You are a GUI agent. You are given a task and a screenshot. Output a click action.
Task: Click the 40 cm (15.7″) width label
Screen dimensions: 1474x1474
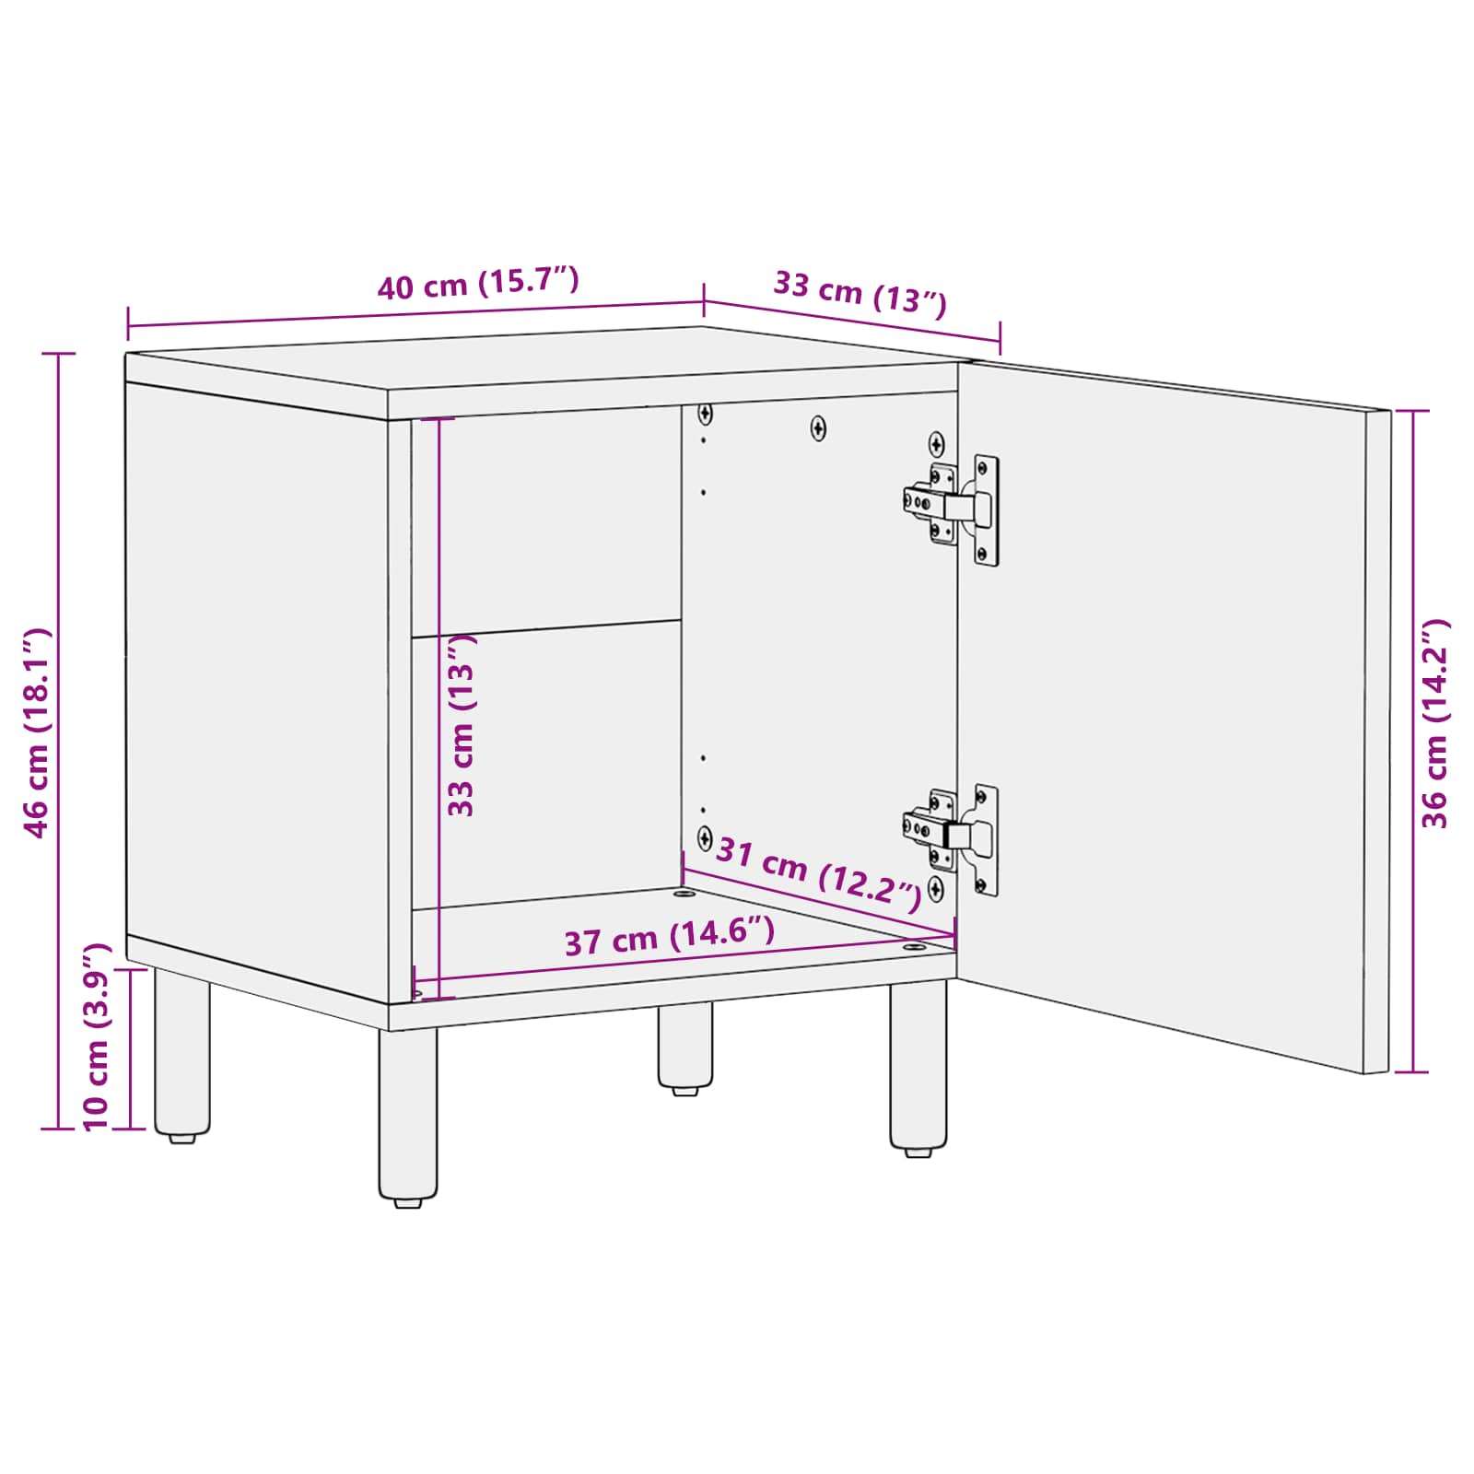point(478,283)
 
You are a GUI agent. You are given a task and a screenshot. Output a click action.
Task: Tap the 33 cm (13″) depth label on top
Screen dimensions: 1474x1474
point(860,292)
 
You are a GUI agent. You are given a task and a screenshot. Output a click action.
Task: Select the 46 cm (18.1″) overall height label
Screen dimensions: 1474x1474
point(37,733)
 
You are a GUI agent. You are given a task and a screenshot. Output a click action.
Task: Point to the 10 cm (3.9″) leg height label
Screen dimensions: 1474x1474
point(96,1037)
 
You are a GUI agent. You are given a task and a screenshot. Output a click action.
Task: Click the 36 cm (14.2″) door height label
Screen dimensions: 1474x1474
point(1435,724)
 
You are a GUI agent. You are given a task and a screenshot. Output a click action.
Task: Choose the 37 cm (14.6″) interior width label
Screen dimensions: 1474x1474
point(669,937)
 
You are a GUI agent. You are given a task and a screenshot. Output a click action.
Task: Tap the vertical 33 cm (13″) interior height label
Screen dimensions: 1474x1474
point(461,725)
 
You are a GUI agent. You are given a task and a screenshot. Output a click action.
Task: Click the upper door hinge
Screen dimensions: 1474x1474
point(953,508)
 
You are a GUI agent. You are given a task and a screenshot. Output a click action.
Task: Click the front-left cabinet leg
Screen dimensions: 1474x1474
point(408,1110)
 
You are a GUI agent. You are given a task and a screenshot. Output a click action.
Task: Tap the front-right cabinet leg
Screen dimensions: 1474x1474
point(918,1064)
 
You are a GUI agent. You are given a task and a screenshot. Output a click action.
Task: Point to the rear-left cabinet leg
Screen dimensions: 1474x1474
point(181,1050)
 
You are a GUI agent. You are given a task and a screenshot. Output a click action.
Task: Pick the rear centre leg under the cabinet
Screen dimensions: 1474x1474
point(684,1046)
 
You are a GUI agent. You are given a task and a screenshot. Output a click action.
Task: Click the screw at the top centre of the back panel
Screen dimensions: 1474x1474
point(818,427)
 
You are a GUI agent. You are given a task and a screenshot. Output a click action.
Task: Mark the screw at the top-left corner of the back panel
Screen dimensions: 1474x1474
point(705,413)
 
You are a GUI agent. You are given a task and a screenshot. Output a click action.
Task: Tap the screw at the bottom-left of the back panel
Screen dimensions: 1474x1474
point(705,838)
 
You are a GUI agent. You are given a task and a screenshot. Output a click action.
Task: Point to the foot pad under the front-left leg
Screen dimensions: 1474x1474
point(408,1202)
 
